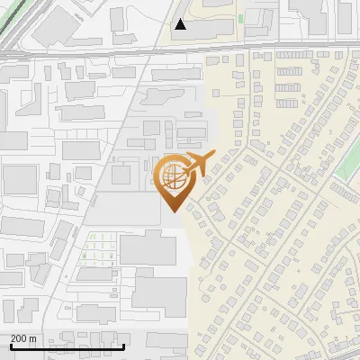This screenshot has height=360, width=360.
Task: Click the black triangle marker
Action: (181, 24)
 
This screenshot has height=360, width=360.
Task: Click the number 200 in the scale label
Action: (19, 338)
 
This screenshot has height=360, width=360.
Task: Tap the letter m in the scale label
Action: (33, 338)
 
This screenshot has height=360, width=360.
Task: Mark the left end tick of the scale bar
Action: (10, 346)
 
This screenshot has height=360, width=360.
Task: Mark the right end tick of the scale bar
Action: (124, 346)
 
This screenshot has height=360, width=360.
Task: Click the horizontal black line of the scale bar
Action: (67, 347)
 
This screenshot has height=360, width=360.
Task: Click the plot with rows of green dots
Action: (98, 249)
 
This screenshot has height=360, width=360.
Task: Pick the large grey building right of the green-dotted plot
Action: (148, 247)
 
